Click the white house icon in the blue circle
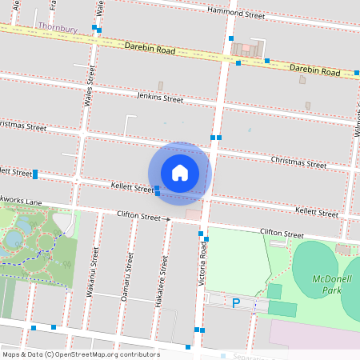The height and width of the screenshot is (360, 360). click(180, 172)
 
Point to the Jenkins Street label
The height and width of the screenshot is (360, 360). click(160, 98)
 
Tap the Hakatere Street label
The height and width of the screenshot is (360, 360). click(164, 277)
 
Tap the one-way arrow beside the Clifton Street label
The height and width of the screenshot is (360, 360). click(167, 218)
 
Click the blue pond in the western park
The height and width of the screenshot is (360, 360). click(14, 238)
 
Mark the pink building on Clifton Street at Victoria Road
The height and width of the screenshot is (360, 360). click(193, 214)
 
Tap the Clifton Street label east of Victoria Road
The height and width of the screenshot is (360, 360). click(282, 234)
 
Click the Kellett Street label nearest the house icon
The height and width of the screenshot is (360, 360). click(132, 189)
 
